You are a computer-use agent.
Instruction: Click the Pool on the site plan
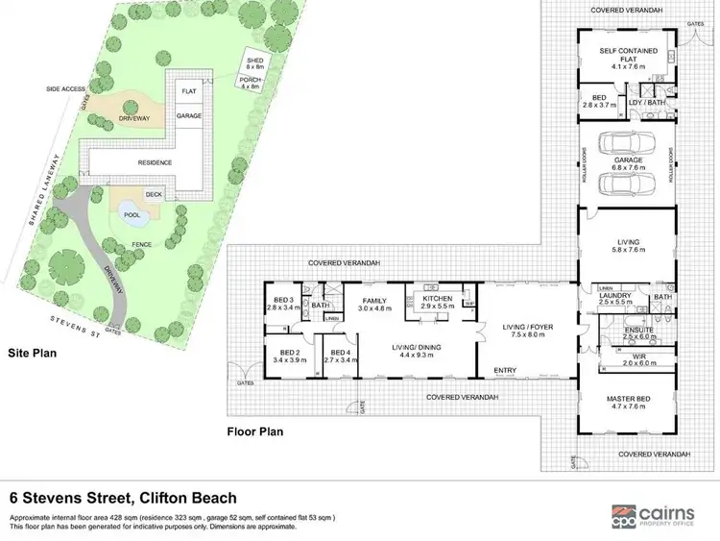[x=131, y=213]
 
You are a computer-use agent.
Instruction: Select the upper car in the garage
[x=627, y=145]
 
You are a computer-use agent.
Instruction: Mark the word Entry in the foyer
[x=505, y=370]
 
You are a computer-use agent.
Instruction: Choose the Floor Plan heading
[x=256, y=431]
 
